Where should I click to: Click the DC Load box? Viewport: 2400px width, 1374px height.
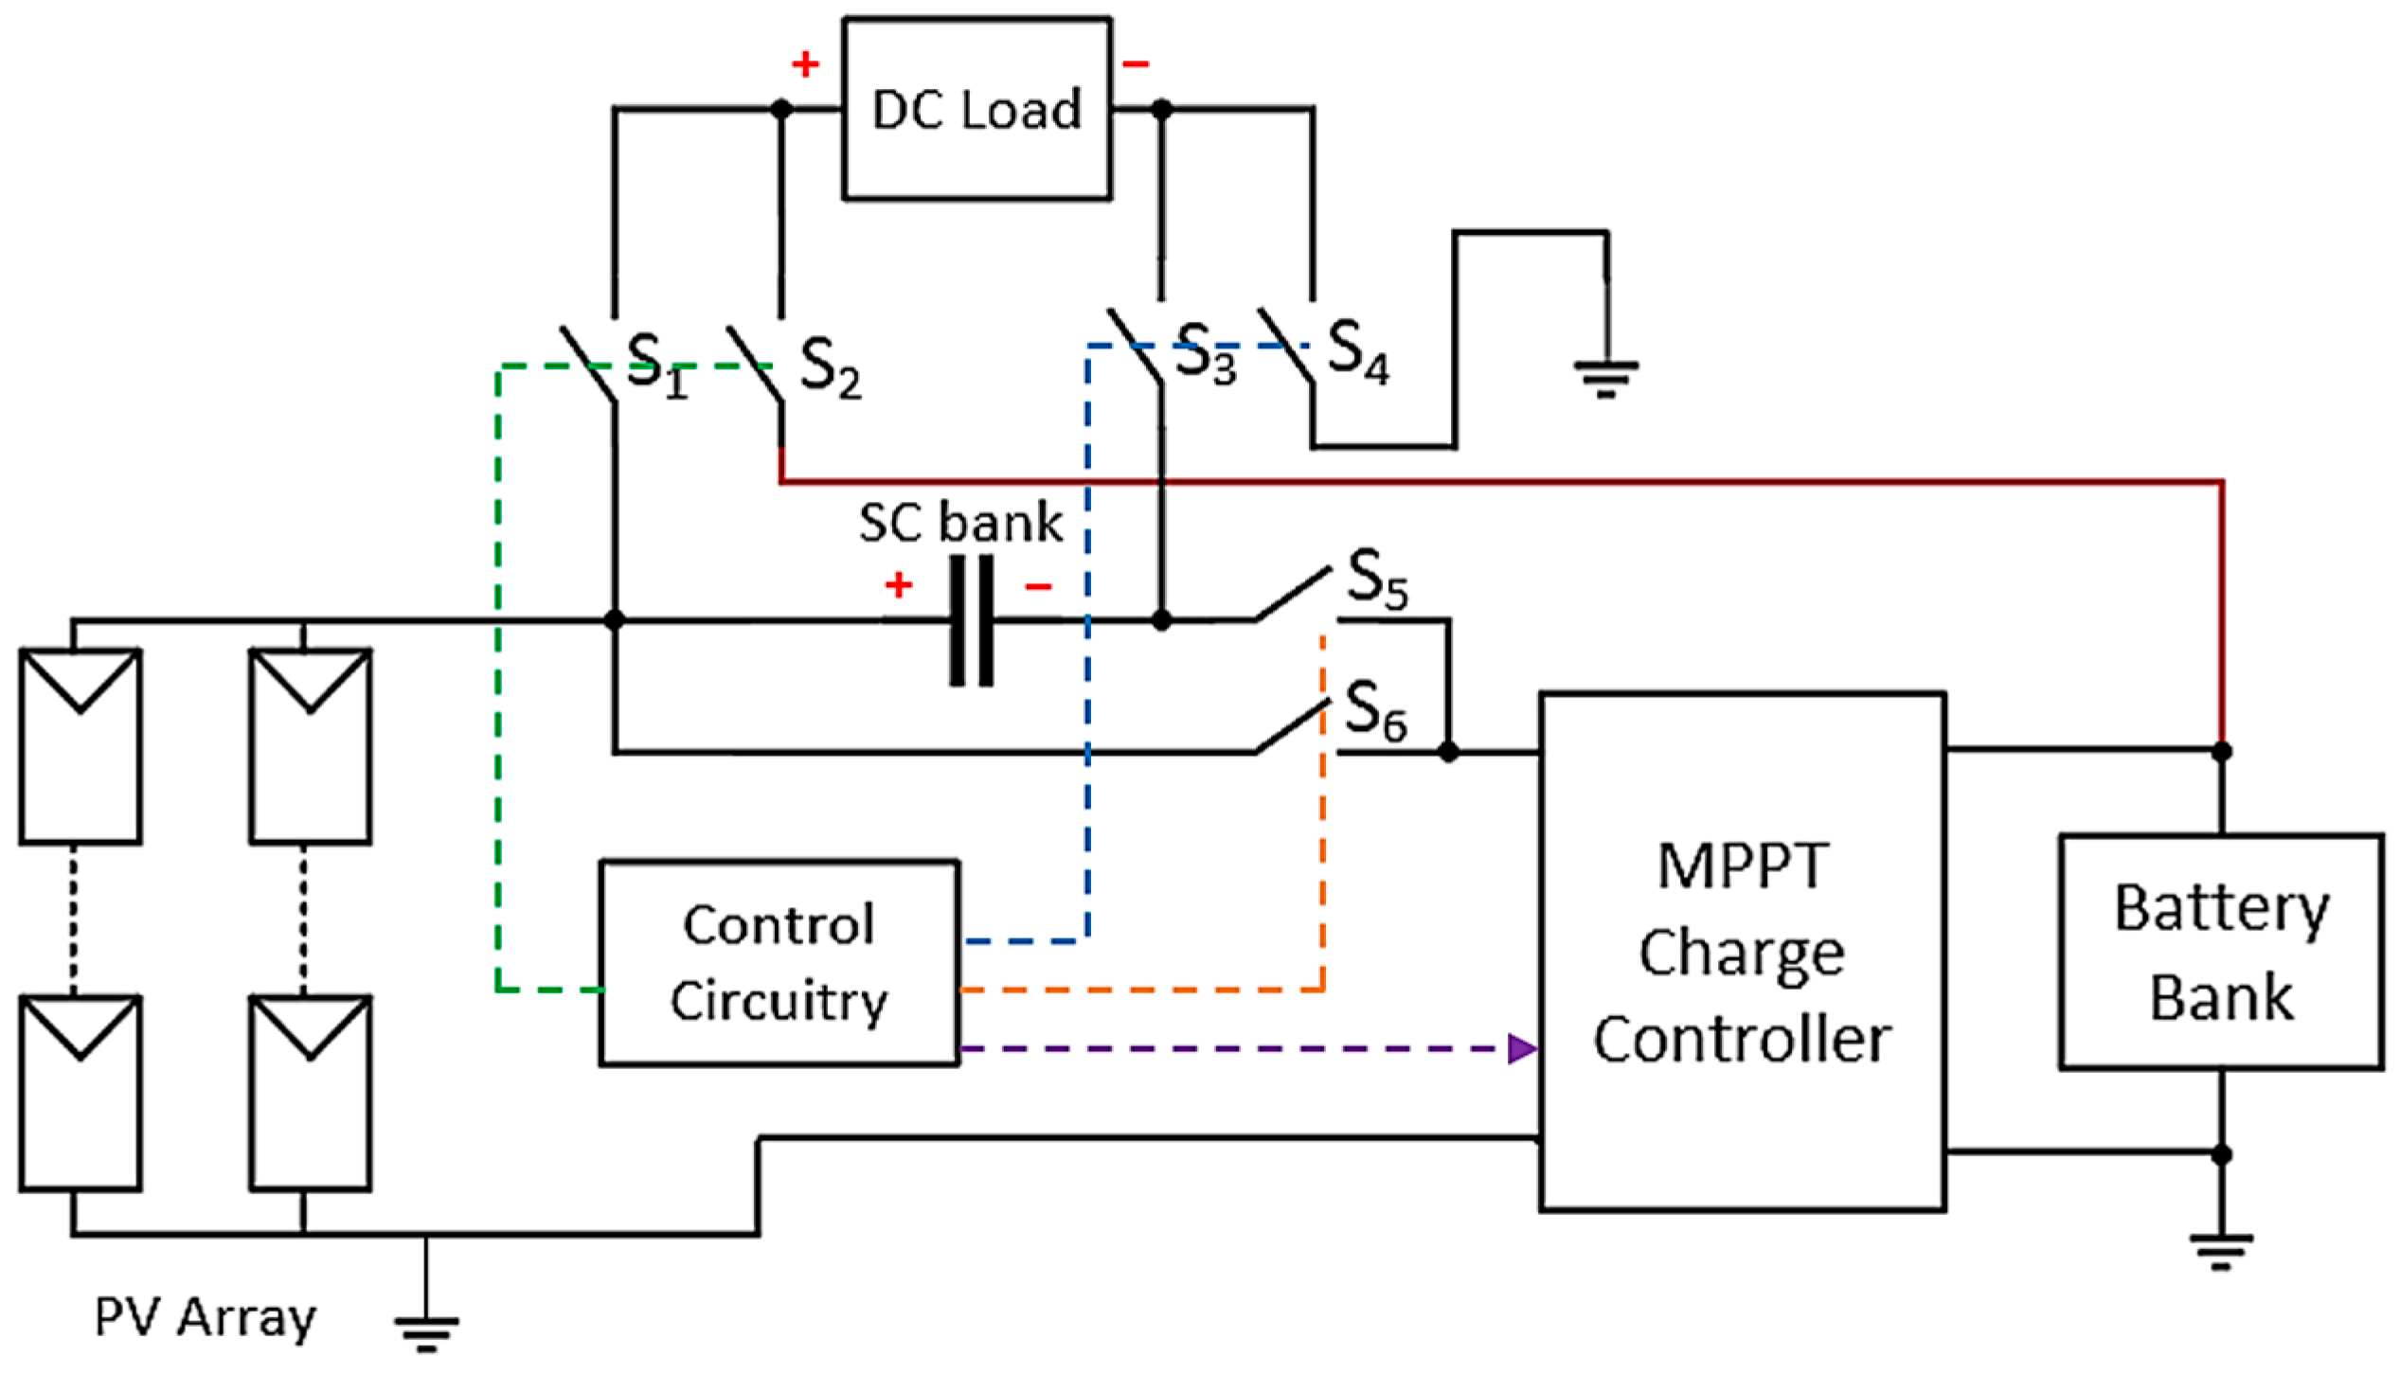976,109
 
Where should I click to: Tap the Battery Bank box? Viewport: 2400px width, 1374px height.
2221,952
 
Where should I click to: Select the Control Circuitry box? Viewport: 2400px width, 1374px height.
779,963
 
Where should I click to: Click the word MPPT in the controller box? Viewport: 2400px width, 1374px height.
1743,865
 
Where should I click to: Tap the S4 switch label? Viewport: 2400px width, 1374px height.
1357,351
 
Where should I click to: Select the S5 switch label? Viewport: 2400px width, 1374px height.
1377,579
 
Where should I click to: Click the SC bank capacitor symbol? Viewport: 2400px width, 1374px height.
972,620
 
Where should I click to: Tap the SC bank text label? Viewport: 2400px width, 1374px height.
960,523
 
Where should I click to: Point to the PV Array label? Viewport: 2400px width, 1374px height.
205,1317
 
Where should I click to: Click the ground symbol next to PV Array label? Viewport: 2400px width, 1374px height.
426,1331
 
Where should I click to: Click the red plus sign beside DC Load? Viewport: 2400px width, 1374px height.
805,64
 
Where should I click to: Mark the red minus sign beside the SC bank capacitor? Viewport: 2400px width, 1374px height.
1038,588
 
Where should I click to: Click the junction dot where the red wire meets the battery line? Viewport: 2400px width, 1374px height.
2221,751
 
